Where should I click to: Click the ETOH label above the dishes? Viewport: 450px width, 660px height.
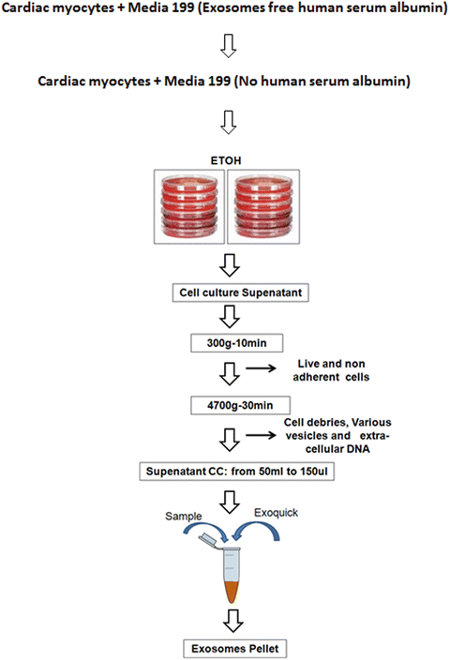coord(224,159)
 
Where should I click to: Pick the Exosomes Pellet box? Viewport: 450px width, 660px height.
coord(224,648)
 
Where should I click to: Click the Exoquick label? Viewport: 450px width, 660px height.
coord(277,514)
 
